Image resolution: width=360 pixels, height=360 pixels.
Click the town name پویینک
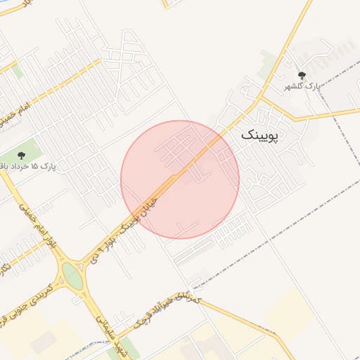259,135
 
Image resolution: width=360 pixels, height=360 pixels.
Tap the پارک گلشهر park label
302,86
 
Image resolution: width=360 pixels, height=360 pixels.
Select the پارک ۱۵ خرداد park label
32,166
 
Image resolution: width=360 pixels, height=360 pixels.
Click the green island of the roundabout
72,276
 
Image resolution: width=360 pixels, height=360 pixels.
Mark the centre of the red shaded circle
180,179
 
